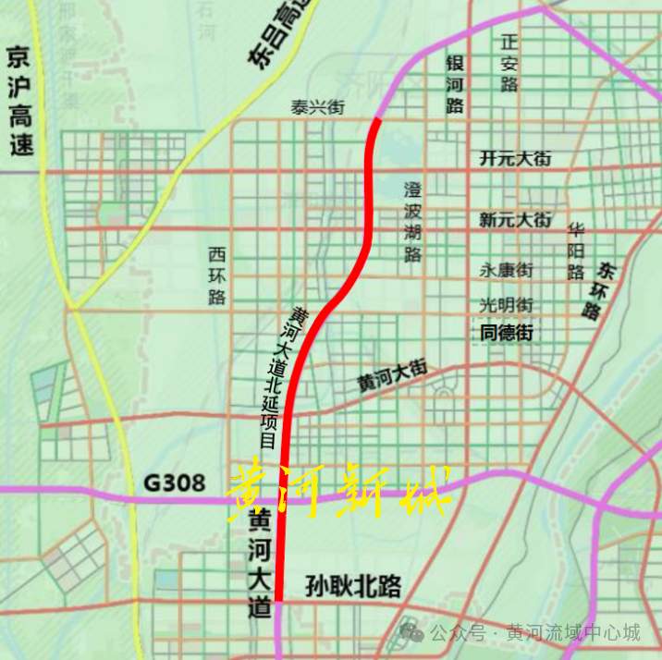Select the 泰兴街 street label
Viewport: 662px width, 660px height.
click(x=317, y=108)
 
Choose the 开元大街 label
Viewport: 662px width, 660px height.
click(x=515, y=159)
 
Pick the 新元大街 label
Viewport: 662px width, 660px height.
click(x=515, y=220)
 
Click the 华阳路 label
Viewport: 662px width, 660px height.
click(x=576, y=250)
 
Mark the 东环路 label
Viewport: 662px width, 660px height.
click(x=597, y=290)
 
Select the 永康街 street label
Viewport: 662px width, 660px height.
click(x=506, y=270)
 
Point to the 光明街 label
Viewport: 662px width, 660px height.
click(x=506, y=304)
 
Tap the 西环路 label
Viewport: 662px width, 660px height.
click(x=217, y=275)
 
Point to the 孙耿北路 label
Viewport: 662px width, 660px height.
click(x=353, y=586)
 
